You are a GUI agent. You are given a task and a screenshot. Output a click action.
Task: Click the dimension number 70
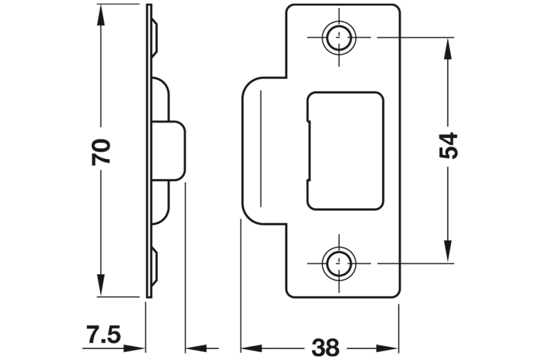[100, 152]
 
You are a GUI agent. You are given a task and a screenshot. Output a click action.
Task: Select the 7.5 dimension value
[102, 334]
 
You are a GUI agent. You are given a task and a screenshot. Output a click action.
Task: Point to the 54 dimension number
[448, 145]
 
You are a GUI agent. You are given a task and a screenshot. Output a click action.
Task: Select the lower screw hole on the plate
[339, 263]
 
